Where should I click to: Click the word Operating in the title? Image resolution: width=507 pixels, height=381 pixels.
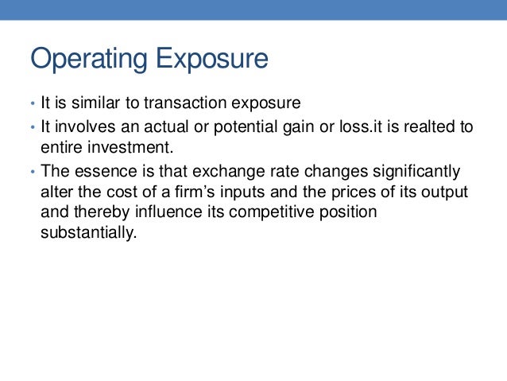[x=89, y=60]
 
